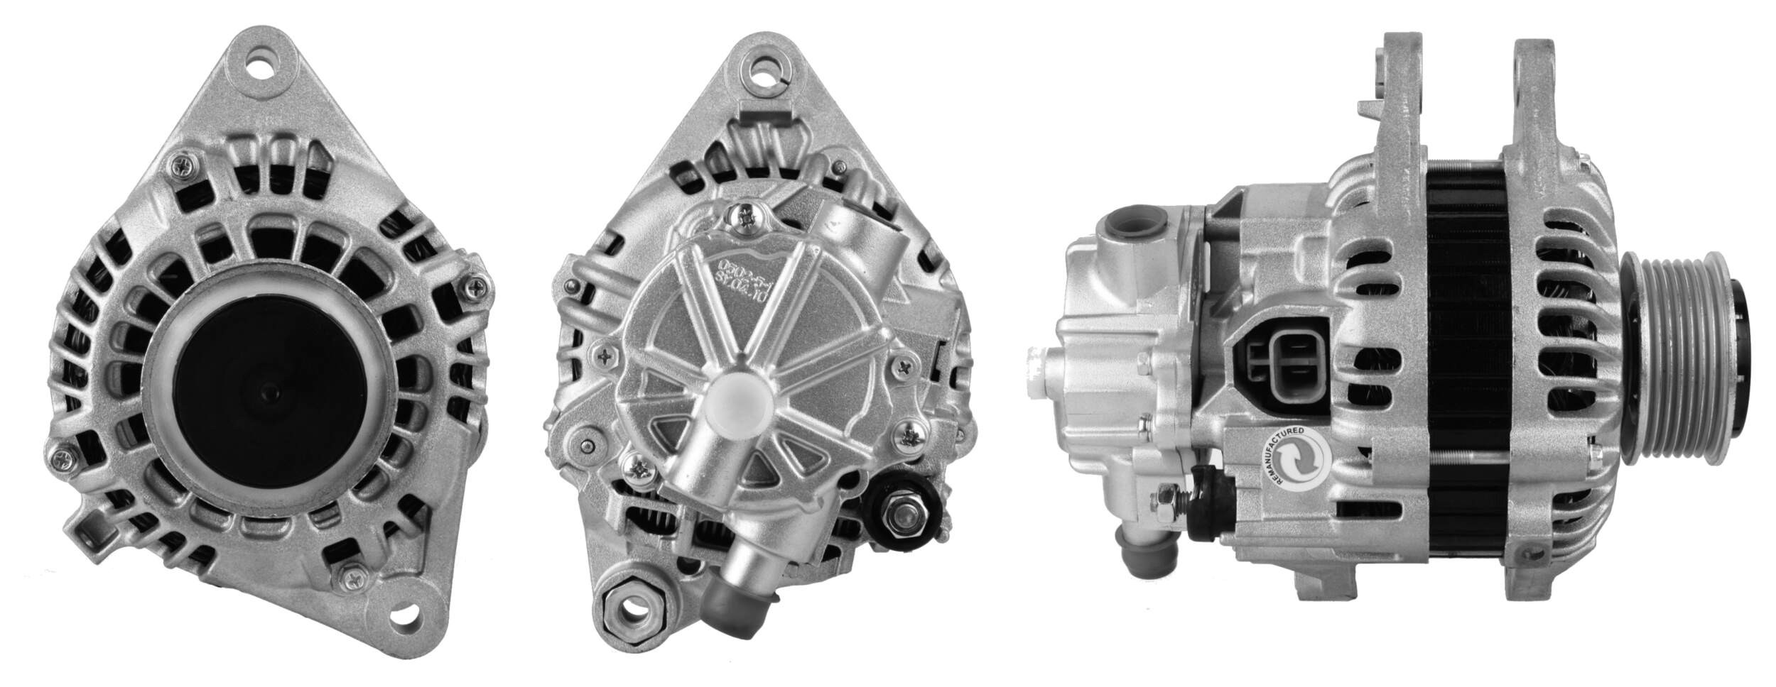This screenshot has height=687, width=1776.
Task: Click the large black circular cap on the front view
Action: pyautogui.click(x=266, y=387)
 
